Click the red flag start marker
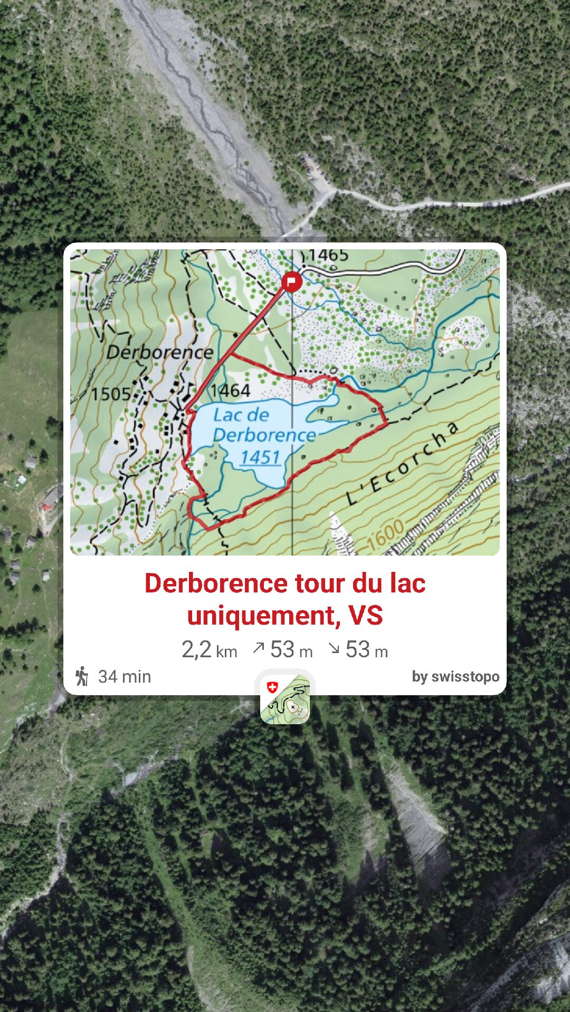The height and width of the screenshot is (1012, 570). click(x=291, y=281)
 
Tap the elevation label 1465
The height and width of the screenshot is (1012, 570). click(x=328, y=256)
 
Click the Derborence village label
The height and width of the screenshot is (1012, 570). click(x=160, y=352)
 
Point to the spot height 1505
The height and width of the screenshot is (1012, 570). click(x=110, y=394)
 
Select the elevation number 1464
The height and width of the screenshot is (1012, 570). click(x=230, y=391)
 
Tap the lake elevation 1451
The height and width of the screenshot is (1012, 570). click(x=260, y=457)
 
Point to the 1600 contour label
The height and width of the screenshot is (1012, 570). click(x=386, y=535)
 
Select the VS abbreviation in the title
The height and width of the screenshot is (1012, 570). click(x=366, y=616)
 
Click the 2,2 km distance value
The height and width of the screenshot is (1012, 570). click(x=209, y=650)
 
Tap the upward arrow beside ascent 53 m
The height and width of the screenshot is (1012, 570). click(x=258, y=648)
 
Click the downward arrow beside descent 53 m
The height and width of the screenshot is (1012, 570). click(x=334, y=648)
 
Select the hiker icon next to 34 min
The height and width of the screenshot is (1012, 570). click(x=82, y=676)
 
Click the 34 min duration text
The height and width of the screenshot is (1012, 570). click(x=125, y=676)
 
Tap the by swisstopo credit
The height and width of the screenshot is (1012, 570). click(x=455, y=676)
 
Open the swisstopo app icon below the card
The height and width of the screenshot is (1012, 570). click(x=285, y=699)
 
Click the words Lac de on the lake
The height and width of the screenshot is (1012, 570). click(x=241, y=415)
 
